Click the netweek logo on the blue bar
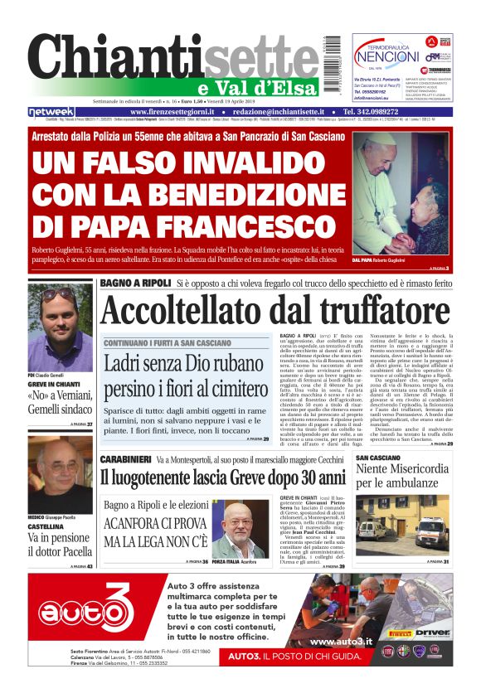(51, 112)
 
